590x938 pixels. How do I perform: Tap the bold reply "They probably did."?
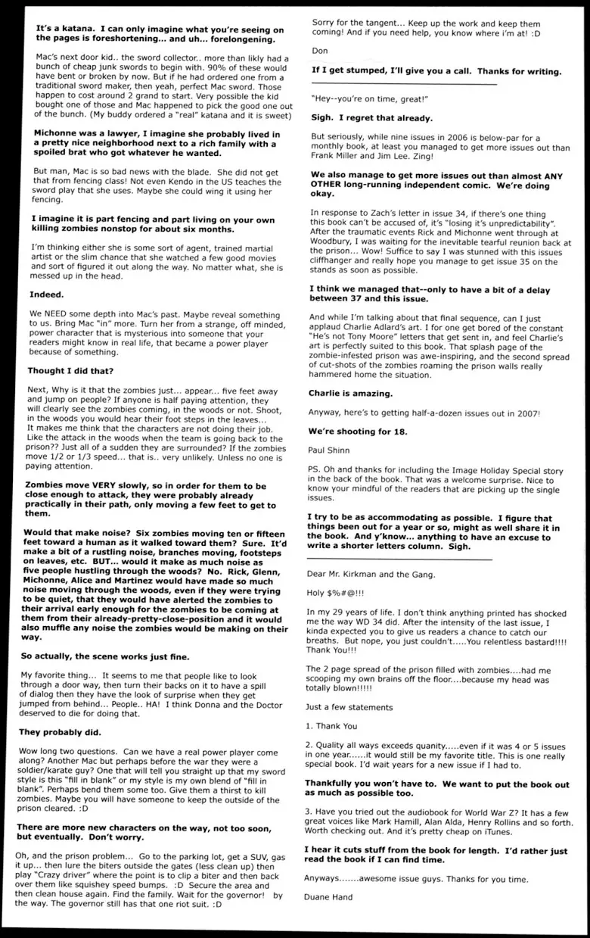click(67, 732)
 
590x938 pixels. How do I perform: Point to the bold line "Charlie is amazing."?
click(350, 393)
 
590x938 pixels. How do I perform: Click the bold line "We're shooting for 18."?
click(357, 431)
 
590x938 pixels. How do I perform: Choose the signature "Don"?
click(321, 51)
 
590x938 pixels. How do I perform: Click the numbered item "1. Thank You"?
click(331, 725)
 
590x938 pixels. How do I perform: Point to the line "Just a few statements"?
click(349, 706)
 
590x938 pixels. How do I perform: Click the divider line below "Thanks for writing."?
click(405, 84)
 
